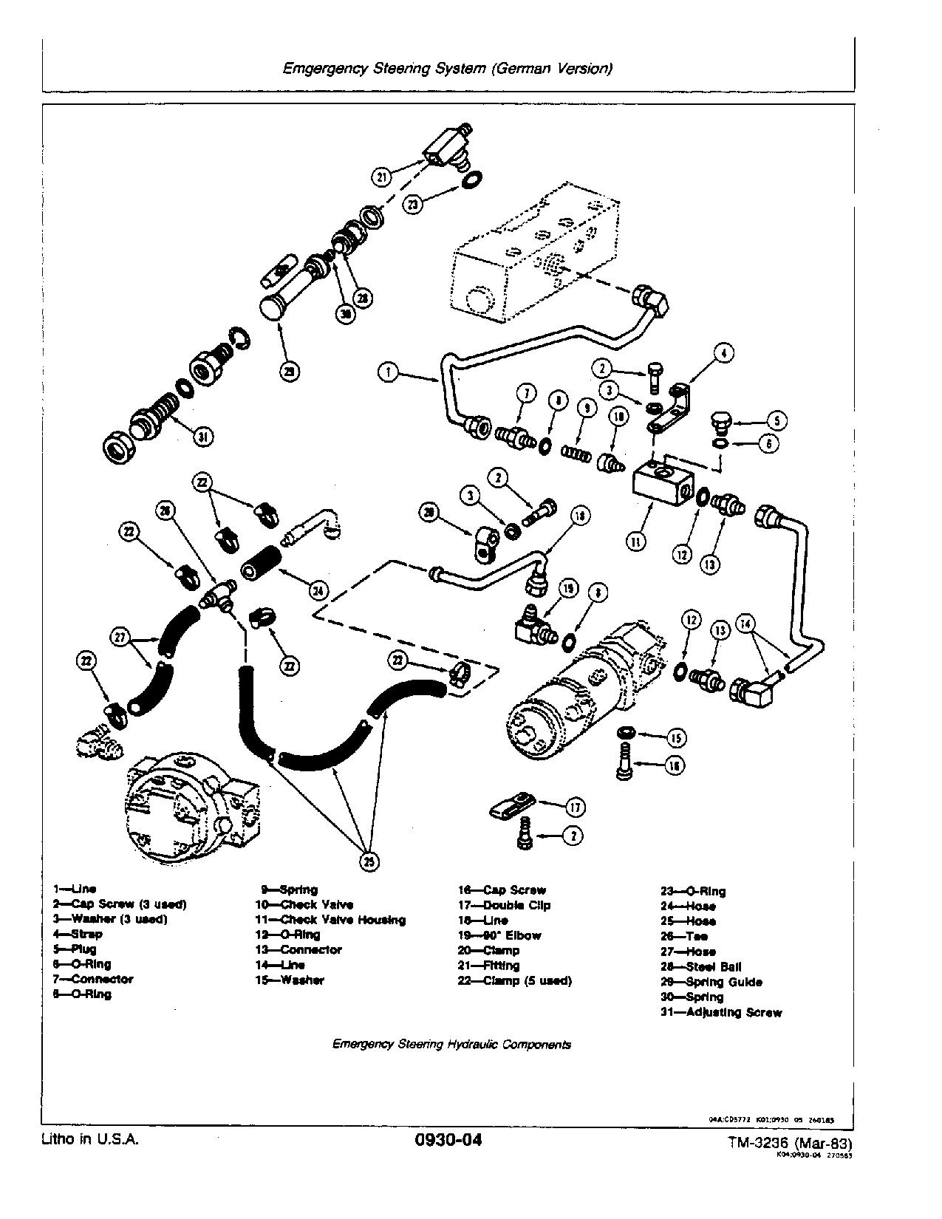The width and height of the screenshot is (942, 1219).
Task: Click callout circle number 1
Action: click(x=388, y=372)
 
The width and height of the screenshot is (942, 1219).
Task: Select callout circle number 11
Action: click(x=636, y=541)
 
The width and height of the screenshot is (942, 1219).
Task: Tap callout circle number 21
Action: click(x=381, y=177)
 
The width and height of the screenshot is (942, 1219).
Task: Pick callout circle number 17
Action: click(x=575, y=807)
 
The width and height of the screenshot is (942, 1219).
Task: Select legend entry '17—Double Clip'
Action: click(x=504, y=905)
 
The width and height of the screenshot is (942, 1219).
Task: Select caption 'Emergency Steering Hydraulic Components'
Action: click(x=451, y=1045)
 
